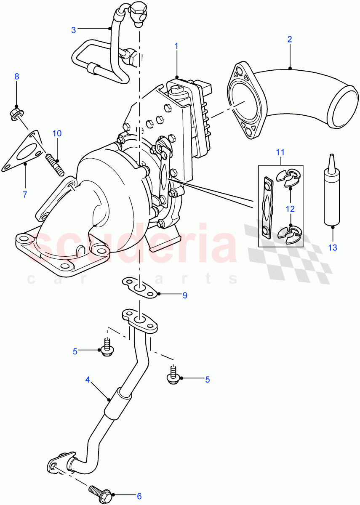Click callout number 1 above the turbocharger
click(176, 45)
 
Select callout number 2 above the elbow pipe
click(290, 40)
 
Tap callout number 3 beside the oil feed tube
click(73, 30)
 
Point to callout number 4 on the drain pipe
click(88, 379)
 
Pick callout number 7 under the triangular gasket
click(25, 194)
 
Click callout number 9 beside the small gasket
click(184, 295)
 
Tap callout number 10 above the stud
click(57, 133)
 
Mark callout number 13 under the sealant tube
click(333, 247)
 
